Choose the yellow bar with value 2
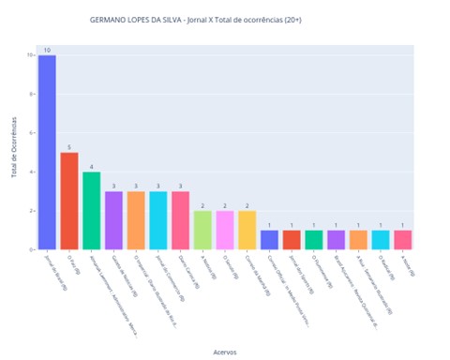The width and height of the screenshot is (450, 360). (247, 231)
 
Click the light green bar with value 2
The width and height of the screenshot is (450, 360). (202, 231)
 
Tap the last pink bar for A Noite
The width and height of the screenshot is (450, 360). (402, 240)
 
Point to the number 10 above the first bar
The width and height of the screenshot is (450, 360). (47, 50)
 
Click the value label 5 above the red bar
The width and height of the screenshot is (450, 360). (69, 147)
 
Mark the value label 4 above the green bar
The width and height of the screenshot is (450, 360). (91, 167)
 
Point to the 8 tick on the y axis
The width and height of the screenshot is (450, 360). (32, 94)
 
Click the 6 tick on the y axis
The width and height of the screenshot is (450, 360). (32, 133)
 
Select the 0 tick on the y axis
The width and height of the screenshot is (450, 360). (32, 250)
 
